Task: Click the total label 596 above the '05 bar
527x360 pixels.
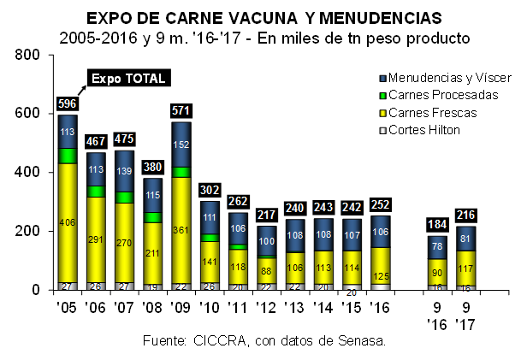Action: [x=68, y=104]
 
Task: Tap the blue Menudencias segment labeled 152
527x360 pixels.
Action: [x=181, y=145]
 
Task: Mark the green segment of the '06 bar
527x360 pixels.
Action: [x=97, y=192]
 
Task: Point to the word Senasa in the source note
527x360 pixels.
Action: [x=361, y=340]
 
